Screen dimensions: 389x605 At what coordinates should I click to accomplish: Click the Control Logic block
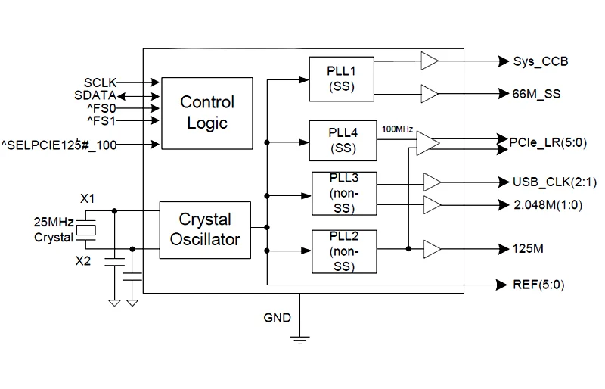pyautogui.click(x=206, y=112)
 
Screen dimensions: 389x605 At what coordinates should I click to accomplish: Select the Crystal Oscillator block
pyautogui.click(x=205, y=229)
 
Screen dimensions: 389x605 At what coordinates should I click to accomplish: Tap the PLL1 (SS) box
pyautogui.click(x=343, y=79)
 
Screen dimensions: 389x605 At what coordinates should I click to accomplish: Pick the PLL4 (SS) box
pyautogui.click(x=343, y=140)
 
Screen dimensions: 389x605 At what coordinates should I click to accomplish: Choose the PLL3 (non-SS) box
pyautogui.click(x=343, y=193)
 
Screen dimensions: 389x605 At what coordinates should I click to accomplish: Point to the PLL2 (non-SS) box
pyautogui.click(x=343, y=250)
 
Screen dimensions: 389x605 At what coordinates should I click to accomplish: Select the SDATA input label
pyautogui.click(x=95, y=95)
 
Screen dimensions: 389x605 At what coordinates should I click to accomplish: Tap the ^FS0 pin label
pyautogui.click(x=101, y=107)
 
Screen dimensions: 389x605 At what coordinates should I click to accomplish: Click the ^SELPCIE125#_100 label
pyautogui.click(x=59, y=144)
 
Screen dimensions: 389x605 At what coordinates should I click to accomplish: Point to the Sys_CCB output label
pyautogui.click(x=540, y=61)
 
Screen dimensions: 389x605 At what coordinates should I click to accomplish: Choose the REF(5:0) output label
pyautogui.click(x=538, y=285)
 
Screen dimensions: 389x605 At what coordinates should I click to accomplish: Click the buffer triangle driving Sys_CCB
pyautogui.click(x=430, y=61)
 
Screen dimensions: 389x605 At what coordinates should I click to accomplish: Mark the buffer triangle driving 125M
pyautogui.click(x=432, y=248)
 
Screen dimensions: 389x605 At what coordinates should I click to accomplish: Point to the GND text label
pyautogui.click(x=277, y=317)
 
